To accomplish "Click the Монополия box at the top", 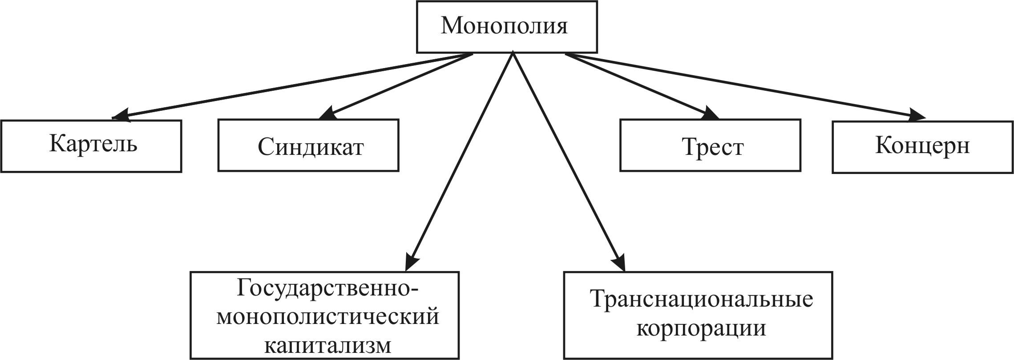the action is (x=507, y=27).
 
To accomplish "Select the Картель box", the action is (x=91, y=146).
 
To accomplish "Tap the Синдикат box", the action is (x=308, y=145).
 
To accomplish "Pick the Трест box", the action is (x=710, y=145).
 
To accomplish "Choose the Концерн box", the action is (x=923, y=146).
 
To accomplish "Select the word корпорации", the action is (x=701, y=328).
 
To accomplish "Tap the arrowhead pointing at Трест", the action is (x=709, y=113).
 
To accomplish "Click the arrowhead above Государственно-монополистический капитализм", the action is (x=412, y=262).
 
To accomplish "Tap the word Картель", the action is (x=93, y=143).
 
